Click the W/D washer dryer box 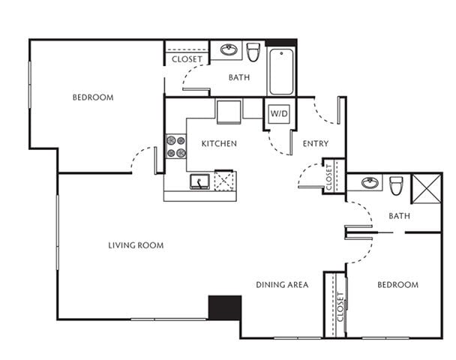click(x=278, y=114)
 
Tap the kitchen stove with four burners click(x=176, y=146)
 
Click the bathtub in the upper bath click(x=281, y=71)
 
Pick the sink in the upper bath click(x=226, y=51)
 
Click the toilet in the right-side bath click(x=396, y=184)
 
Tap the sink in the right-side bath click(x=368, y=183)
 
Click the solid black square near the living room click(x=224, y=308)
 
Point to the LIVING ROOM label click(x=136, y=245)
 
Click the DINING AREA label click(x=282, y=285)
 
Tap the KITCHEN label click(x=219, y=143)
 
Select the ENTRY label click(x=313, y=143)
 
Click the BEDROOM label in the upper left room click(x=93, y=97)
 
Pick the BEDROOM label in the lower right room click(x=397, y=285)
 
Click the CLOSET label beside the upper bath click(x=187, y=59)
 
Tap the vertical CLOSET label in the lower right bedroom click(x=340, y=305)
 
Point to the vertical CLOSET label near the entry click(x=330, y=176)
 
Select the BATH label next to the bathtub click(x=239, y=77)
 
